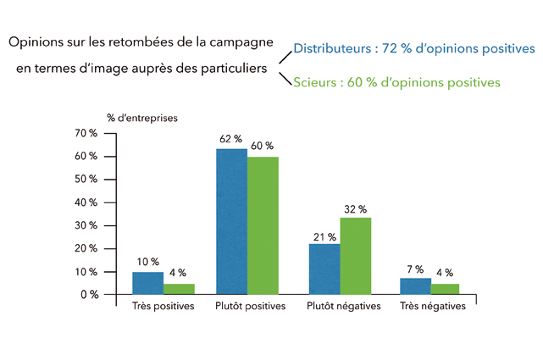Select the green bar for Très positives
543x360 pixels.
pos(179,289)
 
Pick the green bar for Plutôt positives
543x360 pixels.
pos(263,225)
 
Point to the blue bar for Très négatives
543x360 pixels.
pos(415,286)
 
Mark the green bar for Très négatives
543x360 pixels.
pos(446,289)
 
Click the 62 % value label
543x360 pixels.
pos(230,138)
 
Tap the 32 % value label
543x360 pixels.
pos(356,208)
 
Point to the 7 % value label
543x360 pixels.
pos(414,269)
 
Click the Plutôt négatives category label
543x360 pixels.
pos(343,306)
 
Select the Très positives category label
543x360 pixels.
pos(163,306)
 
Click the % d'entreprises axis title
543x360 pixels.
pos(142,118)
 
